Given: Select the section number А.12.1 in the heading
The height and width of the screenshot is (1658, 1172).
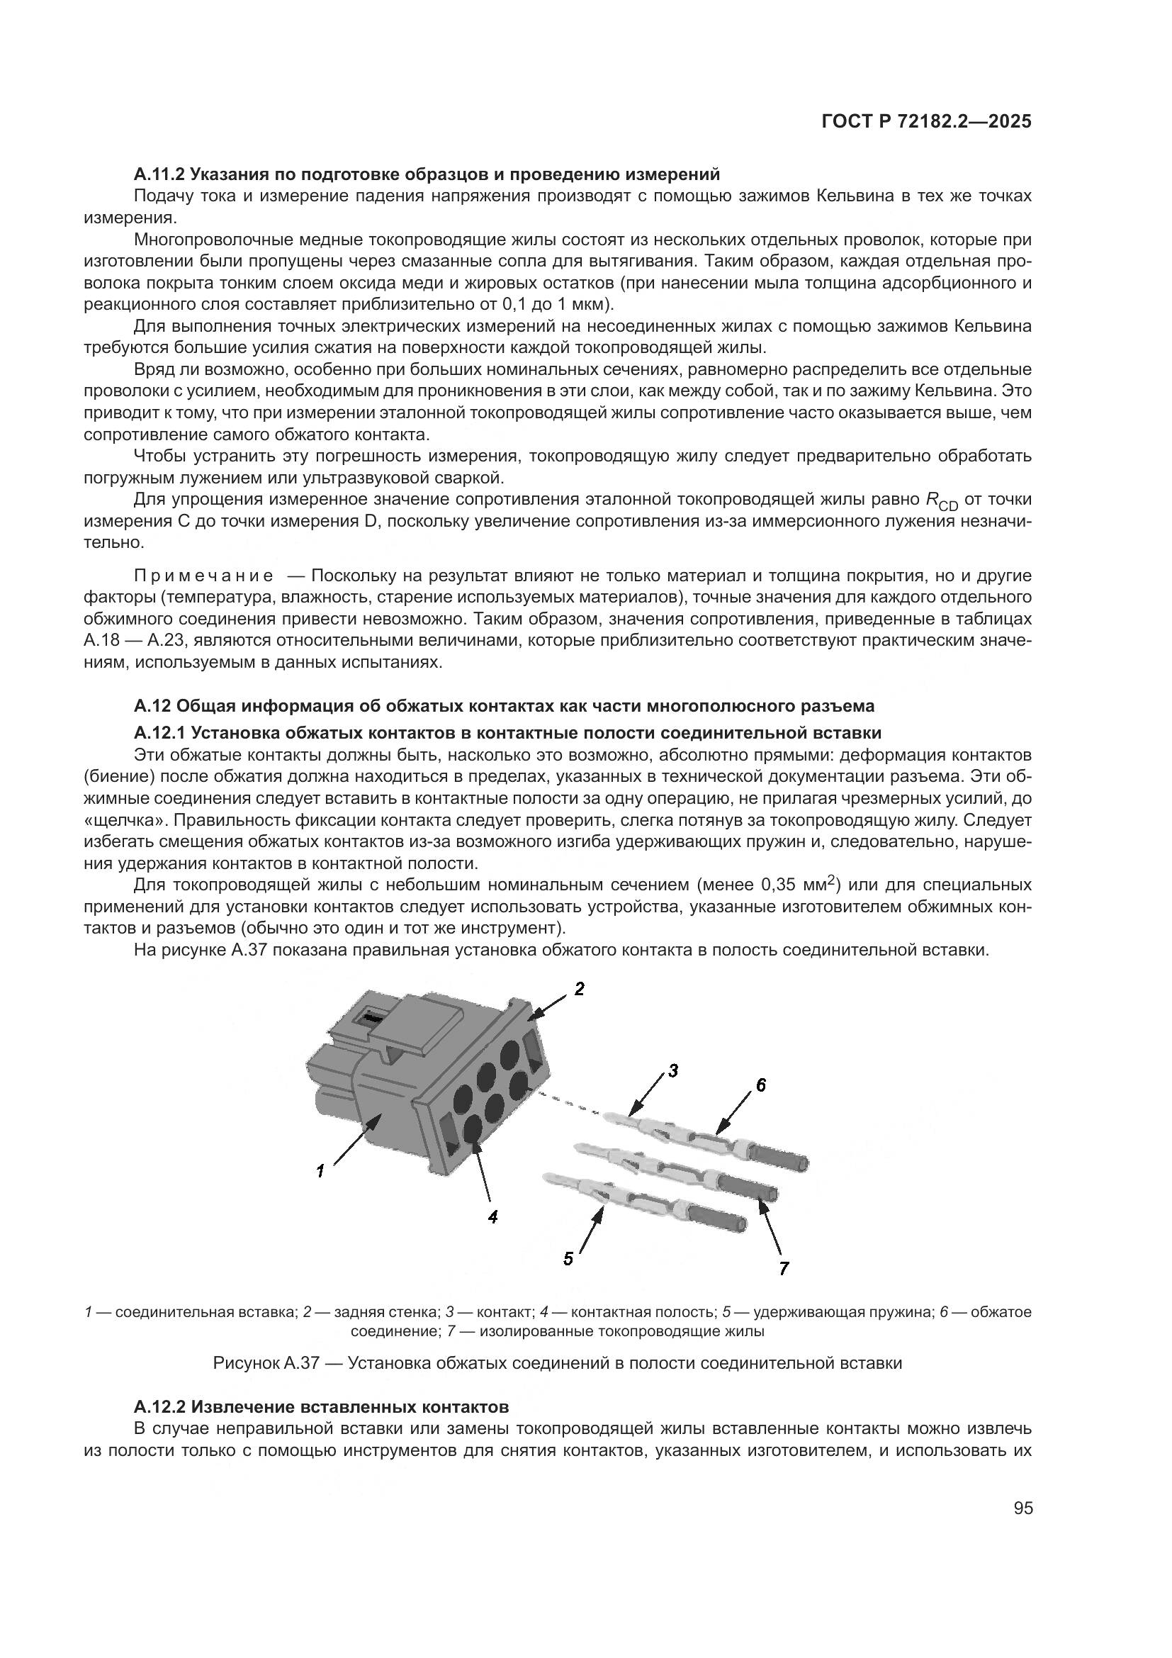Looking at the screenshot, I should point(159,733).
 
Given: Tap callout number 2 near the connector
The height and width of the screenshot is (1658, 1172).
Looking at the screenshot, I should point(579,989).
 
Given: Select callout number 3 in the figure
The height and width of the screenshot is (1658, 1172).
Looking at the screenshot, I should point(672,1071).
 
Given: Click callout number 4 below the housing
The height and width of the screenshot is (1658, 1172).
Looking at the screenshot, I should point(493,1217).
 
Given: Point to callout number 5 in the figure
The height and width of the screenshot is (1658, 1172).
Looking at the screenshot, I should point(568,1259).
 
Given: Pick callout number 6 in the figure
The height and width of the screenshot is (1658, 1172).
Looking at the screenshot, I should point(760,1085).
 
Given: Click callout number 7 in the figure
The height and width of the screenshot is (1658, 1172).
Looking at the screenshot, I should point(784,1267).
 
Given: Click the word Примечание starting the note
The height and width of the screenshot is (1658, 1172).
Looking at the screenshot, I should point(203,576).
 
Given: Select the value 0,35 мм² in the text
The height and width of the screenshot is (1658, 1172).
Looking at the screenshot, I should point(796,885).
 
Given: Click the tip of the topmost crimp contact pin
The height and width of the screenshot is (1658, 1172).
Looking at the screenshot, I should point(610,1117).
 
